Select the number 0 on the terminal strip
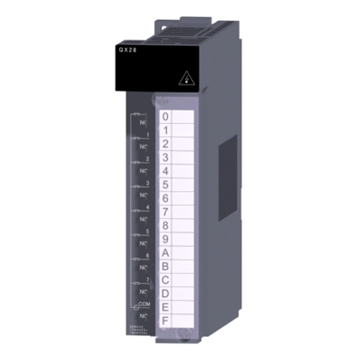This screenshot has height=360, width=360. coord(166,117)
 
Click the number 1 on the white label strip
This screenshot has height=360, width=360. coord(166,130)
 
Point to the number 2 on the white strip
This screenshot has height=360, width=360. coord(166,144)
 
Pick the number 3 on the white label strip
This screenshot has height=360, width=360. coord(166,158)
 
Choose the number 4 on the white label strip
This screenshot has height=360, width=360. coord(166,171)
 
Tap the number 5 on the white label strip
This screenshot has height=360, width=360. coord(166,185)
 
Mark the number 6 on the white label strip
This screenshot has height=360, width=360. coord(166,199)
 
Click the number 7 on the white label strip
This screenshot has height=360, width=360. coord(166,212)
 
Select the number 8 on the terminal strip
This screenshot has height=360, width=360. coord(166,226)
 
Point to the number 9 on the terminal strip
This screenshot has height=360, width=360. coord(166,240)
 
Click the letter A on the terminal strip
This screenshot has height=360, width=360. coord(166,253)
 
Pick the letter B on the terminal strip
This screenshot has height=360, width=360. coord(166,267)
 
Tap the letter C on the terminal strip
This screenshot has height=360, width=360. coord(166,280)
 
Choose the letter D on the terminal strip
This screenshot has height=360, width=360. coord(166,294)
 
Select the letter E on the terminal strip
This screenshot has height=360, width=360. coord(166,307)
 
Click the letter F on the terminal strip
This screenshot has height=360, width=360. coord(166,321)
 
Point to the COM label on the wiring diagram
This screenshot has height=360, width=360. coord(145,305)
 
